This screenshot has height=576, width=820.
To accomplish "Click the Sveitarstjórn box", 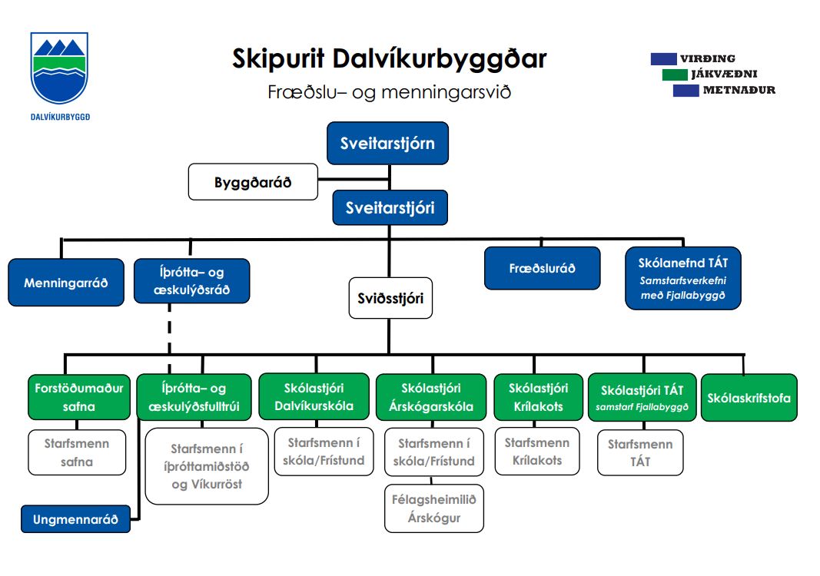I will (x=387, y=143).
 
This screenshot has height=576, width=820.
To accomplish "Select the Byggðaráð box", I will (x=253, y=182).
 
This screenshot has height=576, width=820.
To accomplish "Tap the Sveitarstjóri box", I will (x=390, y=207).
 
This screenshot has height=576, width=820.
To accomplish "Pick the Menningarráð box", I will (x=66, y=283).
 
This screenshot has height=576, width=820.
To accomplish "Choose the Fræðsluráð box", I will (x=542, y=268).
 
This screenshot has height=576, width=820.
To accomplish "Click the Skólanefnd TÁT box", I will (x=682, y=277).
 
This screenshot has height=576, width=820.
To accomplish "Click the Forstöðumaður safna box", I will (x=78, y=396).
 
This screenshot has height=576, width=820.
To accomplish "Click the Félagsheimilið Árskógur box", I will (x=434, y=508).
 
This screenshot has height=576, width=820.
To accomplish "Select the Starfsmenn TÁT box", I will (x=640, y=452).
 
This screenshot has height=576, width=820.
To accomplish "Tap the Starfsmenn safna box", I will (x=77, y=452).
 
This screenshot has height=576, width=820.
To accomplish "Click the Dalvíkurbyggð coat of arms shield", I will (x=58, y=69).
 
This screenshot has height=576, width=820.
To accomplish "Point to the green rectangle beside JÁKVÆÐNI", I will (x=674, y=74).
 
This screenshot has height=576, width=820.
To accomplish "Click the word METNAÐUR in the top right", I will (x=739, y=90).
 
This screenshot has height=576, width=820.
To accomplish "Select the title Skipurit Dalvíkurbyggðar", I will (x=389, y=59).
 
